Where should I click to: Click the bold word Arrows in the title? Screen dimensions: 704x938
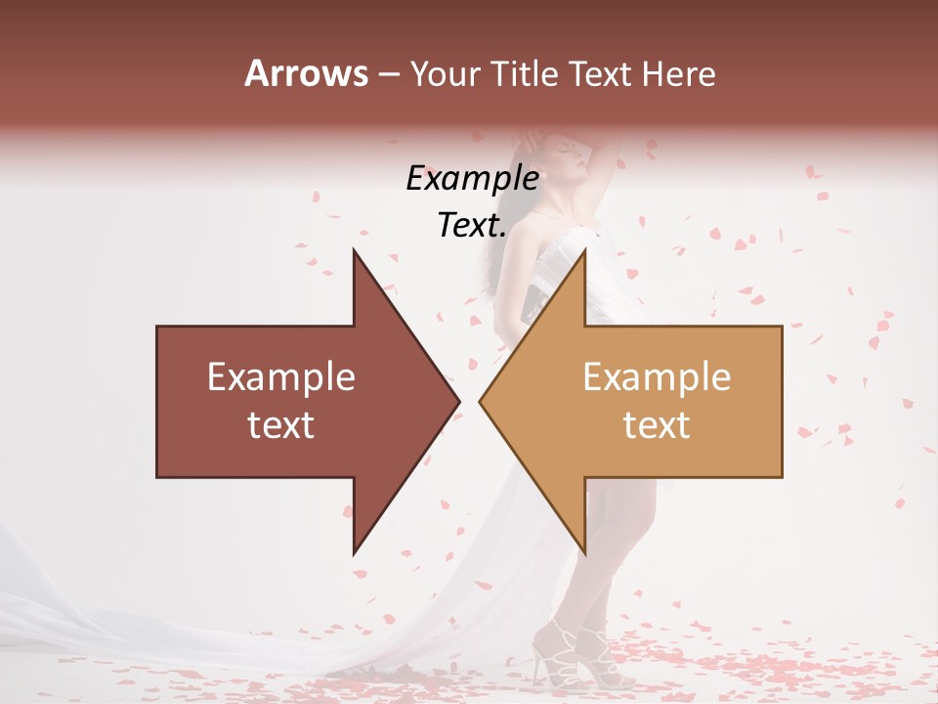307,73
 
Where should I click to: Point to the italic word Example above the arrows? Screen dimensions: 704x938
472,179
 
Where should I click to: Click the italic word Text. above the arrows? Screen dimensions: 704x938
472,226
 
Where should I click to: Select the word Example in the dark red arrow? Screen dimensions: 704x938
280,377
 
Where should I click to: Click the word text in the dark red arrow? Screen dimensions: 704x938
280,425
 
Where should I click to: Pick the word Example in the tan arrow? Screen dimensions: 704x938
657,377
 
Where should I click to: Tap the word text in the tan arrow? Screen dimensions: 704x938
657,425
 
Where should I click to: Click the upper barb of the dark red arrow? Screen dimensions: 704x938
357,256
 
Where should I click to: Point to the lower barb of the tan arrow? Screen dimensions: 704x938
583,548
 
